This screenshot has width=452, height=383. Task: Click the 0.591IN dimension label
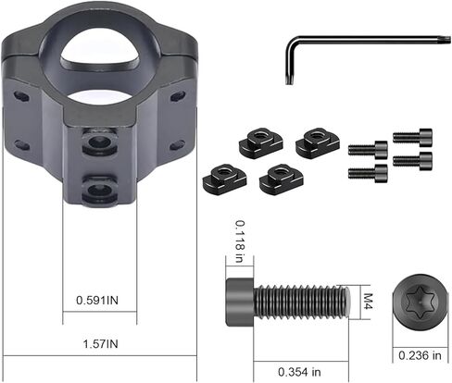click(97, 300)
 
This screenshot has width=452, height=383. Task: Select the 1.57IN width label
click(101, 344)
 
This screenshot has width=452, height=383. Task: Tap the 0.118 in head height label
click(240, 241)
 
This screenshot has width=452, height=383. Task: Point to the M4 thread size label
click(368, 301)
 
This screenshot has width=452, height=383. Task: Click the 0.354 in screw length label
click(299, 372)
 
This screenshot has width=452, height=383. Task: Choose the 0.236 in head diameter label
click(420, 355)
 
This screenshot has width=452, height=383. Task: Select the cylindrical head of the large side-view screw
click(240, 303)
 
